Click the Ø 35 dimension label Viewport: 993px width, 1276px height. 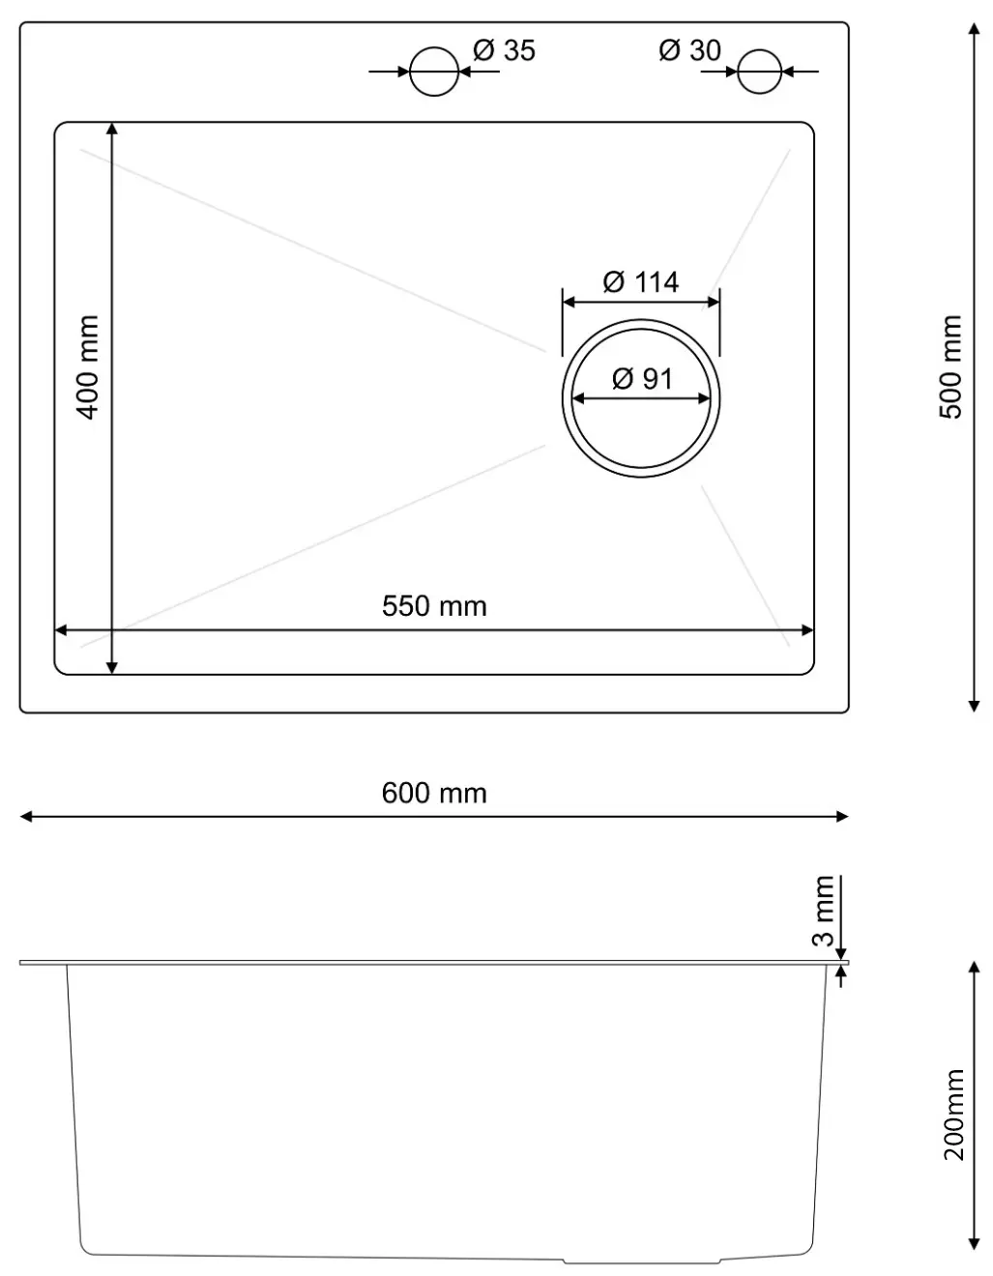click(x=504, y=50)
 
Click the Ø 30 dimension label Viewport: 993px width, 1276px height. click(x=689, y=50)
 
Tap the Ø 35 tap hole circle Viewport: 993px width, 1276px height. click(x=433, y=71)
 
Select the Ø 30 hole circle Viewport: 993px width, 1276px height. click(x=759, y=71)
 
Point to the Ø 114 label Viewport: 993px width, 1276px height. click(x=640, y=282)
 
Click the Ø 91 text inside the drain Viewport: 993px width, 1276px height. click(x=642, y=378)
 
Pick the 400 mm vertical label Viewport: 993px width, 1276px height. click(x=88, y=366)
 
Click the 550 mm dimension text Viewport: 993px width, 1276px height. click(x=434, y=606)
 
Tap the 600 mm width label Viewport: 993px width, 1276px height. click(x=434, y=793)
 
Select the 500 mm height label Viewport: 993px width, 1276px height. click(x=951, y=366)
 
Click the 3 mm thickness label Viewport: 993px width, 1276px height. click(x=823, y=912)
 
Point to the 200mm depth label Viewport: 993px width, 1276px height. click(x=954, y=1115)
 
